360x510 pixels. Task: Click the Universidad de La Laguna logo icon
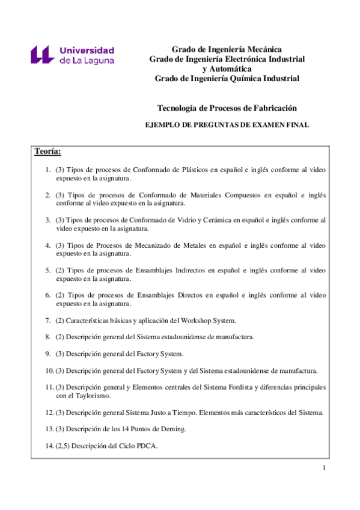coord(43,55)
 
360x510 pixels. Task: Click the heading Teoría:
coord(47,151)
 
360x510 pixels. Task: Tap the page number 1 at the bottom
coord(324,469)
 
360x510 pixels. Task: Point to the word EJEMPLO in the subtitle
coord(165,125)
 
